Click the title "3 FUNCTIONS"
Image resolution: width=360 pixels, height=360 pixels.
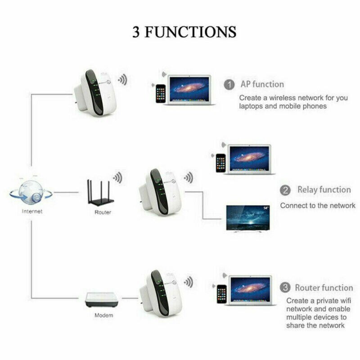pyautogui.click(x=184, y=32)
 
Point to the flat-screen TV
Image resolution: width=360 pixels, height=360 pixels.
pyautogui.click(x=248, y=219)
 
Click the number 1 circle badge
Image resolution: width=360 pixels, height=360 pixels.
pyautogui.click(x=229, y=84)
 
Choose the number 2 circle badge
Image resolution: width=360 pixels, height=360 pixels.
pyautogui.click(x=285, y=190)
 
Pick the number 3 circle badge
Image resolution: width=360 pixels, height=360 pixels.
pyautogui.click(x=285, y=287)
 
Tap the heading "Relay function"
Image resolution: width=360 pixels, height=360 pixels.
pyautogui.click(x=324, y=190)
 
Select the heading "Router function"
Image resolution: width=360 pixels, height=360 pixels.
pyautogui.click(x=324, y=287)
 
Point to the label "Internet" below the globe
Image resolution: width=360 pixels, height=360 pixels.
pyautogui.click(x=31, y=211)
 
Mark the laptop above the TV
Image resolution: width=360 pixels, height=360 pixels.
pyautogui.click(x=250, y=159)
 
